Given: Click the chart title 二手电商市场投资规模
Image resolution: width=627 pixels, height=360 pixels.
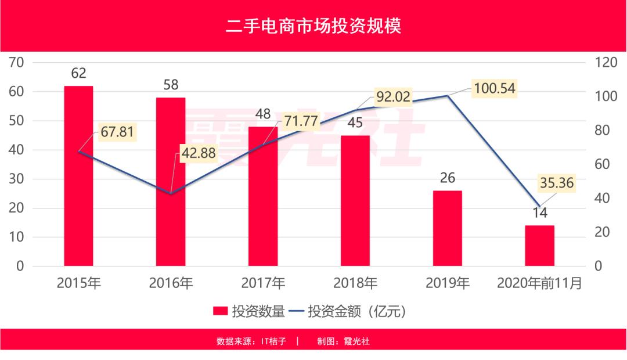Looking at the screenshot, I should [x=313, y=27].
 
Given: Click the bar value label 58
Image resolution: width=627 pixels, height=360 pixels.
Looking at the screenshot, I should [x=171, y=85].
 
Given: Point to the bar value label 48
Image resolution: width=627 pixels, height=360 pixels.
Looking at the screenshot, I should [x=263, y=114].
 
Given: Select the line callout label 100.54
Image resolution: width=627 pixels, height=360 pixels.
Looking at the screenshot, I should [x=494, y=88].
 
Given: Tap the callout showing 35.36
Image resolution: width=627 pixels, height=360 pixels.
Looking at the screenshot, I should [x=556, y=183].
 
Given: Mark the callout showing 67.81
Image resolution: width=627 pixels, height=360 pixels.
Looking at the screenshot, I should [x=116, y=132].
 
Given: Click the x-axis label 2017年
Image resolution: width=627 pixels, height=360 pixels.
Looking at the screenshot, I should [x=263, y=283].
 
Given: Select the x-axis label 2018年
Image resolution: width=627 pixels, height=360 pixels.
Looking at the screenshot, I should [x=355, y=283].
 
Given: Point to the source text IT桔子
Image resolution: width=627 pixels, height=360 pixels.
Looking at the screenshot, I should [x=272, y=341].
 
